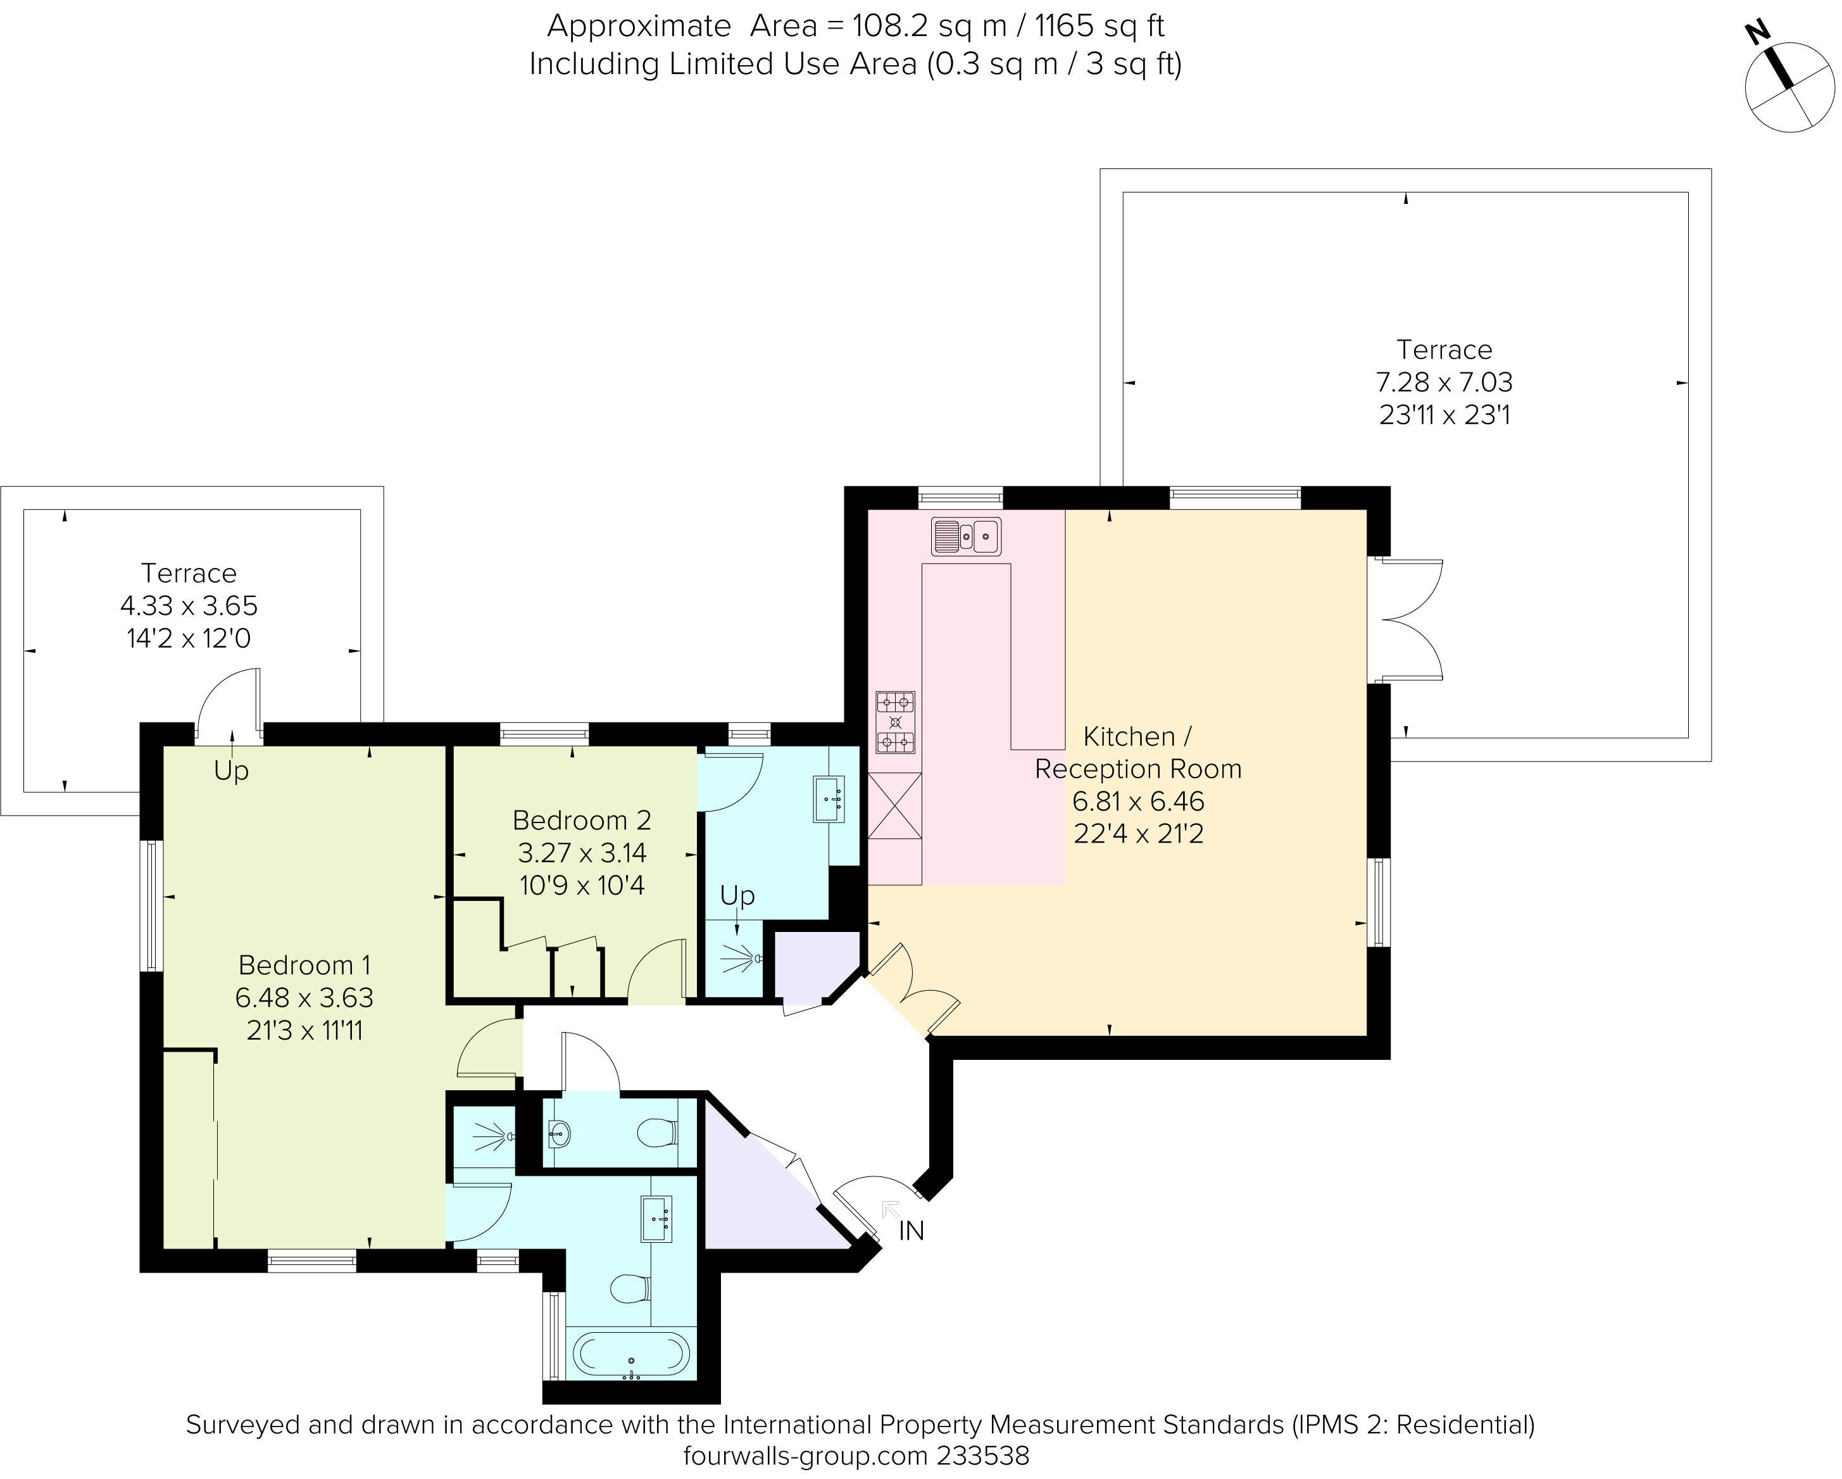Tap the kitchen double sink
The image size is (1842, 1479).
click(965, 536)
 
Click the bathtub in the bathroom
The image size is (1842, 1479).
click(630, 1355)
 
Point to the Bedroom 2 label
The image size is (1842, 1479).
click(581, 821)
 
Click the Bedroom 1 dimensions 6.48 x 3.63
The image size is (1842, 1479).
click(304, 997)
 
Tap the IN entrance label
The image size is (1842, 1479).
click(911, 1231)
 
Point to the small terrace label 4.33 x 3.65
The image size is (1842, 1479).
click(189, 606)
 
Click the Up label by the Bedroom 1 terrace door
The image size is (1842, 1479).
click(230, 771)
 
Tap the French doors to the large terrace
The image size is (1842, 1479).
click(1405, 619)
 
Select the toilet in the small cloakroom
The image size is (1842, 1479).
click(657, 1133)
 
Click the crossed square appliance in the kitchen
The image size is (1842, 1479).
click(894, 806)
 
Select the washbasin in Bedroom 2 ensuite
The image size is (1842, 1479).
click(828, 799)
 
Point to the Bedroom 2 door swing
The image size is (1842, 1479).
click(656, 970)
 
